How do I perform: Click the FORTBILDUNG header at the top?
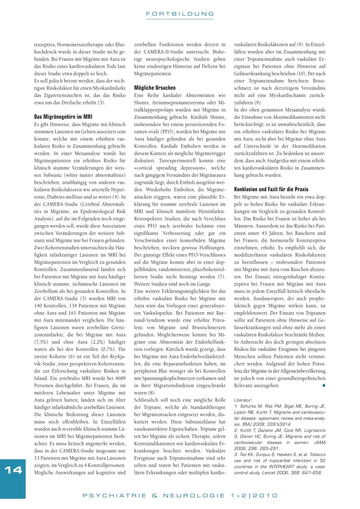pyautogui.click(x=180, y=14)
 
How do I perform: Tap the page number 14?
pyautogui.click(x=13, y=470)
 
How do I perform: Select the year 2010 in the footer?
pyautogui.click(x=265, y=496)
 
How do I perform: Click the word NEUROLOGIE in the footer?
pyautogui.click(x=194, y=496)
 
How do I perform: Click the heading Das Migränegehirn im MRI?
pyautogui.click(x=63, y=117)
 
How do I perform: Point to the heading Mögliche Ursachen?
pyautogui.click(x=155, y=88)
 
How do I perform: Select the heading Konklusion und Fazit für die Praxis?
pyautogui.click(x=271, y=189)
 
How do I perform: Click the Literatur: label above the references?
pyautogui.click(x=243, y=400)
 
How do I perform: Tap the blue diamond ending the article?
pyautogui.click(x=324, y=386)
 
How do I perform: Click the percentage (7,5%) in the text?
pyautogui.click(x=41, y=342)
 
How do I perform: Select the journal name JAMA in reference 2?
pyautogui.click(x=320, y=443)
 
